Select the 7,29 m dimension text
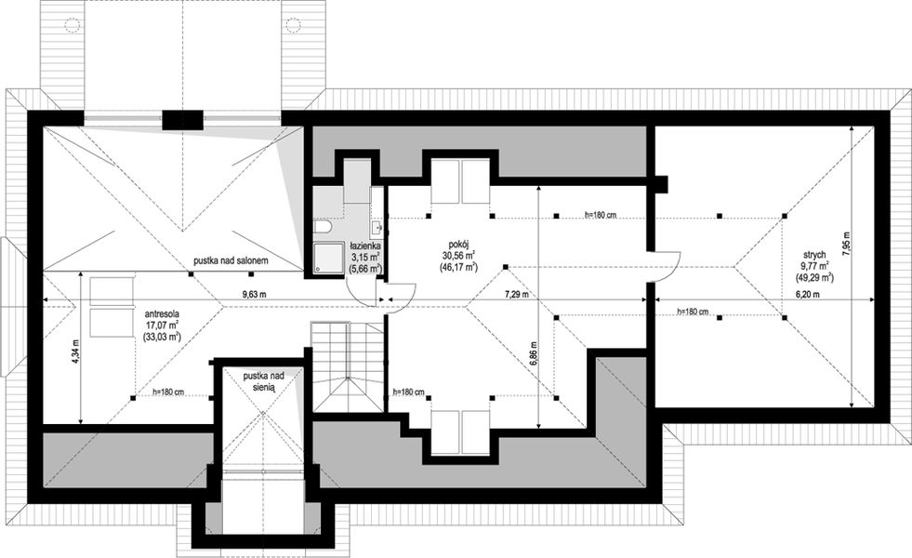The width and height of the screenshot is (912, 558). [516, 295]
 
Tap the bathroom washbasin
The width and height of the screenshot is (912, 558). [377, 226]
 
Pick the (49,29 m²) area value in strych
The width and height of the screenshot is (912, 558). [814, 277]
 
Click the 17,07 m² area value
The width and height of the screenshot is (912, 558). [161, 325]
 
